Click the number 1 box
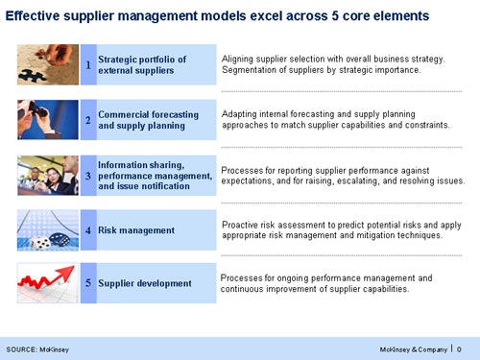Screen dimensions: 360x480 (x=88, y=65)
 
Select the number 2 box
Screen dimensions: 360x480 (x=88, y=120)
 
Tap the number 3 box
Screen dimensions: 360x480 (x=88, y=176)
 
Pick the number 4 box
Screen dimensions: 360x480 (x=88, y=230)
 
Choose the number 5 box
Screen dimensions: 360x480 (x=88, y=283)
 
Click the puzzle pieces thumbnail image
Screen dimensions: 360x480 (x=48, y=65)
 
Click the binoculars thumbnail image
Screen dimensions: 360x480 (x=48, y=120)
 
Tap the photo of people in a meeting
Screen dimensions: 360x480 (x=48, y=176)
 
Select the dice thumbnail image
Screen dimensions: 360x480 (x=48, y=230)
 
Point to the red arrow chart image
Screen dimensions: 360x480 (x=48, y=283)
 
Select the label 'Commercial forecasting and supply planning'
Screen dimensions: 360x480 (x=148, y=120)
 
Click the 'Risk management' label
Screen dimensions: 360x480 (x=136, y=230)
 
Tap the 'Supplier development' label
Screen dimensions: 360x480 (x=144, y=283)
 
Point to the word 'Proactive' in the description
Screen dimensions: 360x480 (x=243, y=224)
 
